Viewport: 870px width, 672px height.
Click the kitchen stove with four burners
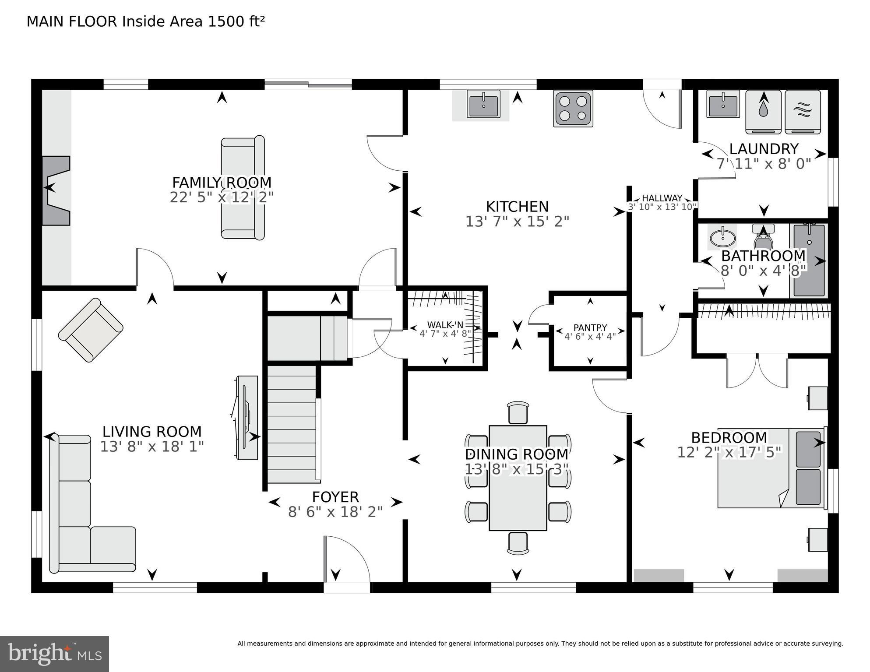click(x=573, y=108)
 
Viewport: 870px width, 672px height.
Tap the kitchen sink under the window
click(x=483, y=105)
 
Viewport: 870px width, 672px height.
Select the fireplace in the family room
click(x=56, y=190)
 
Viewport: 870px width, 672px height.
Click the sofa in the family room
click(x=243, y=188)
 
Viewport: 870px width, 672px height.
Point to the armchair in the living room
click(x=91, y=330)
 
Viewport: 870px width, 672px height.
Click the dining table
click(x=518, y=478)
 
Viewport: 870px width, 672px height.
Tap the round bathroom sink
click(x=722, y=239)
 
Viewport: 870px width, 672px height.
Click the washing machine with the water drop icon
click(x=763, y=112)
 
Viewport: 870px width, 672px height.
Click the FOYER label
click(x=335, y=497)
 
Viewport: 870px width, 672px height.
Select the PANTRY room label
click(x=590, y=327)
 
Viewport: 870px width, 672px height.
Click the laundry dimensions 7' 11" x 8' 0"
click(x=764, y=164)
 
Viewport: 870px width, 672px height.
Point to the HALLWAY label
click(x=662, y=198)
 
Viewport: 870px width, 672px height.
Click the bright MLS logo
click(x=54, y=654)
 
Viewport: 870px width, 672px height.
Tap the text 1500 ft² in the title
click(x=236, y=21)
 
